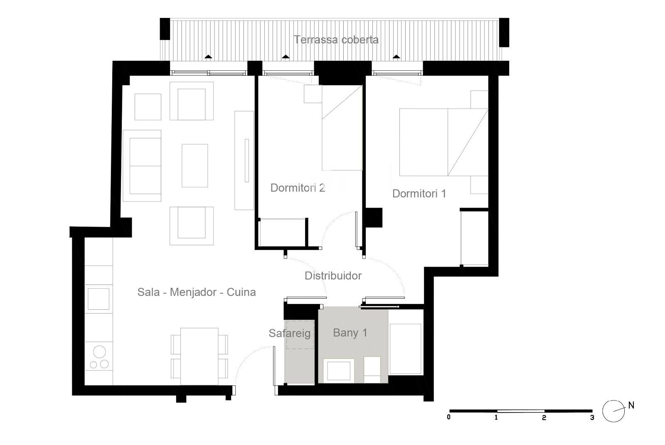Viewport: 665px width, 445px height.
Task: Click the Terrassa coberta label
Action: [336, 40]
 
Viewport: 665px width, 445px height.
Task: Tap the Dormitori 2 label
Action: [298, 188]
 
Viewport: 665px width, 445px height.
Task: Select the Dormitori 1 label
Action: [419, 194]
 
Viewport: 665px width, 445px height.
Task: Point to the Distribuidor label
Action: [333, 276]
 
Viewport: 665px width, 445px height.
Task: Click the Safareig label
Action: [289, 333]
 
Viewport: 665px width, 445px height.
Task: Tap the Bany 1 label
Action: [350, 333]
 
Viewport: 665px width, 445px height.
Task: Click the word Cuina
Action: [241, 292]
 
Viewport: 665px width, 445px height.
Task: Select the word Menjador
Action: [193, 292]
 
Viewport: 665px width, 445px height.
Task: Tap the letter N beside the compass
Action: [631, 405]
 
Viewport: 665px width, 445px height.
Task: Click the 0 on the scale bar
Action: [448, 417]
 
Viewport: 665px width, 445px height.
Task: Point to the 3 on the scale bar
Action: [592, 418]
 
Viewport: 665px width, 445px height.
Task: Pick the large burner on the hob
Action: [99, 352]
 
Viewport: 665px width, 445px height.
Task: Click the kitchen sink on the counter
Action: [98, 299]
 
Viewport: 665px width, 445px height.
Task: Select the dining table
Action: [199, 356]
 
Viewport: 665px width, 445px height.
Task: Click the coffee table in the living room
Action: [195, 166]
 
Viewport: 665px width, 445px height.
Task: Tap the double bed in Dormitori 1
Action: [444, 142]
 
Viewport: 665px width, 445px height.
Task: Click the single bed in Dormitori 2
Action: [342, 128]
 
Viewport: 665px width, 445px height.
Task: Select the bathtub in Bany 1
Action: [406, 349]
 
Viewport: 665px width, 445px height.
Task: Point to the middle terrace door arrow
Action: [286, 57]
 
